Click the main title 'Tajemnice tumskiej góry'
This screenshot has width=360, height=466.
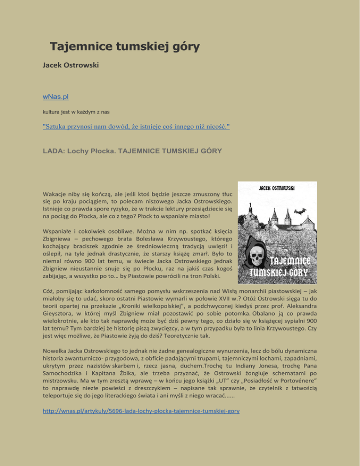(125, 47)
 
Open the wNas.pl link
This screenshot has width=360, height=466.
(56, 97)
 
